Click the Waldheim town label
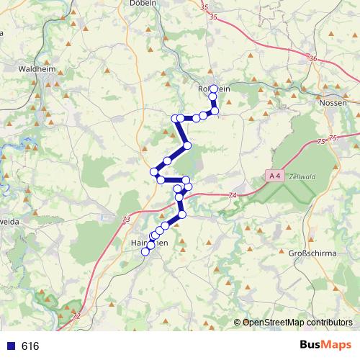click(36, 71)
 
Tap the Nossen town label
click(332, 103)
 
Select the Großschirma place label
click(313, 254)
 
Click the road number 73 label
click(127, 220)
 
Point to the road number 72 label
click(76, 316)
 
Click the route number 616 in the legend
click(30, 346)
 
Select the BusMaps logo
click(325, 346)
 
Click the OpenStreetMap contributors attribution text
click(297, 323)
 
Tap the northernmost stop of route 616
click(213, 89)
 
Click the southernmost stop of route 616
click(145, 251)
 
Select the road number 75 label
click(332, 138)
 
